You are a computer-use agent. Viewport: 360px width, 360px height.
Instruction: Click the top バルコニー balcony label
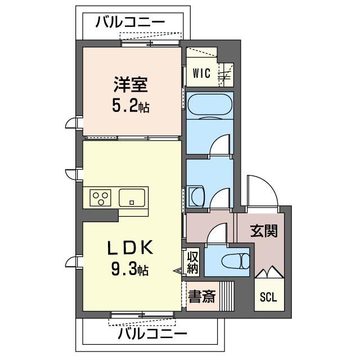[130, 22]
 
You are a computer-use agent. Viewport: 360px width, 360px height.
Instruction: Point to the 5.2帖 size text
[130, 106]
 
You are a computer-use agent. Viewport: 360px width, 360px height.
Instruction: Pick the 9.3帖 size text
[130, 271]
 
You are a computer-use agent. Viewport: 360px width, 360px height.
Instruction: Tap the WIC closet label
[201, 73]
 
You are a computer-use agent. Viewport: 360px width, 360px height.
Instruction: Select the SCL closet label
[268, 298]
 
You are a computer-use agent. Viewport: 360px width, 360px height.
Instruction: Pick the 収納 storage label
[193, 263]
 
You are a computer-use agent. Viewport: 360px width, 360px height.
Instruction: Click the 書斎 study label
[201, 297]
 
